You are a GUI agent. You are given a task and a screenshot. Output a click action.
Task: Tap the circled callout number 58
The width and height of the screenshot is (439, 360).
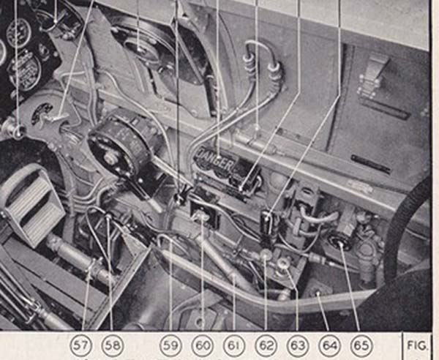(113, 343)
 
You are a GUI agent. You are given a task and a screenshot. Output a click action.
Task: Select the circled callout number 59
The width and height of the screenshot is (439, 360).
(170, 343)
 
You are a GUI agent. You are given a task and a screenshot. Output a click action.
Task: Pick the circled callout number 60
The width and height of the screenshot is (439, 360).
(201, 343)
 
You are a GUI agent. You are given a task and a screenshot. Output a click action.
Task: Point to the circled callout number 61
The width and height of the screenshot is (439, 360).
(233, 343)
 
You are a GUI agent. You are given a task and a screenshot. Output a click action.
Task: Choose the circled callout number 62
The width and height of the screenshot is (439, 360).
(266, 343)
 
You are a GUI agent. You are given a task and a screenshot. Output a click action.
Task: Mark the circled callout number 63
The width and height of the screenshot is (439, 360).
(297, 343)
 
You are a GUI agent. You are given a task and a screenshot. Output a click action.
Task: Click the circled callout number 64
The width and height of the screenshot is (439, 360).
(329, 343)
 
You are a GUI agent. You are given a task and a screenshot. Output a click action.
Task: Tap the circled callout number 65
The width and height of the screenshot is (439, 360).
(360, 343)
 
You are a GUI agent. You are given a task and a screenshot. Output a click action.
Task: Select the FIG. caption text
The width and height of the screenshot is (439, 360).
(419, 343)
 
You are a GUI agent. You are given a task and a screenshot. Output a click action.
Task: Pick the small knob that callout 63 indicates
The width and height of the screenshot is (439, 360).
(282, 263)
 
